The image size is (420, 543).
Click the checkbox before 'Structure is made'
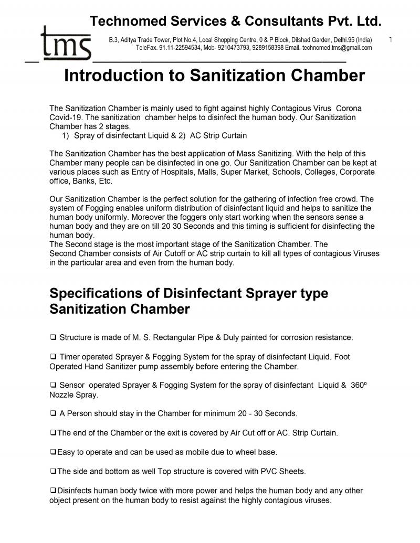[54, 337]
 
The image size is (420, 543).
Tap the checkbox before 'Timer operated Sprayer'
[54, 357]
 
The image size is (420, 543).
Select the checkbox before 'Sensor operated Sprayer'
[54, 385]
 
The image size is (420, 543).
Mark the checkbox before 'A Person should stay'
[54, 413]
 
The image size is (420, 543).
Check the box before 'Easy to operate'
[53, 452]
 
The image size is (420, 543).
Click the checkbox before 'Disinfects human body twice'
[53, 491]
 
